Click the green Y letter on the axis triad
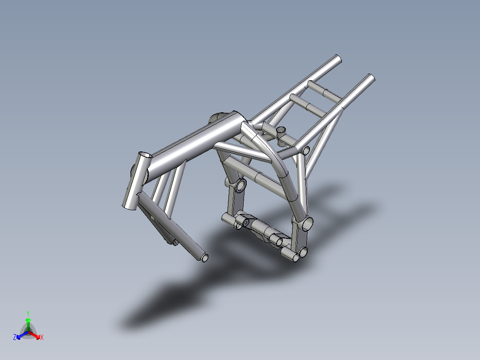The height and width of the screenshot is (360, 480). (x=28, y=313)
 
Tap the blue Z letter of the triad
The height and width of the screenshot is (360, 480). (x=15, y=337)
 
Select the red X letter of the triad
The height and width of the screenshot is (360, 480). (x=41, y=337)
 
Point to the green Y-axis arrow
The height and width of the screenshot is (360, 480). (x=28, y=322)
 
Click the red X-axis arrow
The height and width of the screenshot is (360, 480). (x=36, y=335)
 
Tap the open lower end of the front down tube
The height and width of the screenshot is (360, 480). (x=204, y=258)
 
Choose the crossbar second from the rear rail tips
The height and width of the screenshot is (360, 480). (x=307, y=105)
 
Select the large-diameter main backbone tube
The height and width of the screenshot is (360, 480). (x=191, y=143)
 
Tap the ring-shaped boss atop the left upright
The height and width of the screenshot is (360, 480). (x=240, y=185)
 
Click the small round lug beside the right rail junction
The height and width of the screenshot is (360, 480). (x=306, y=150)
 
